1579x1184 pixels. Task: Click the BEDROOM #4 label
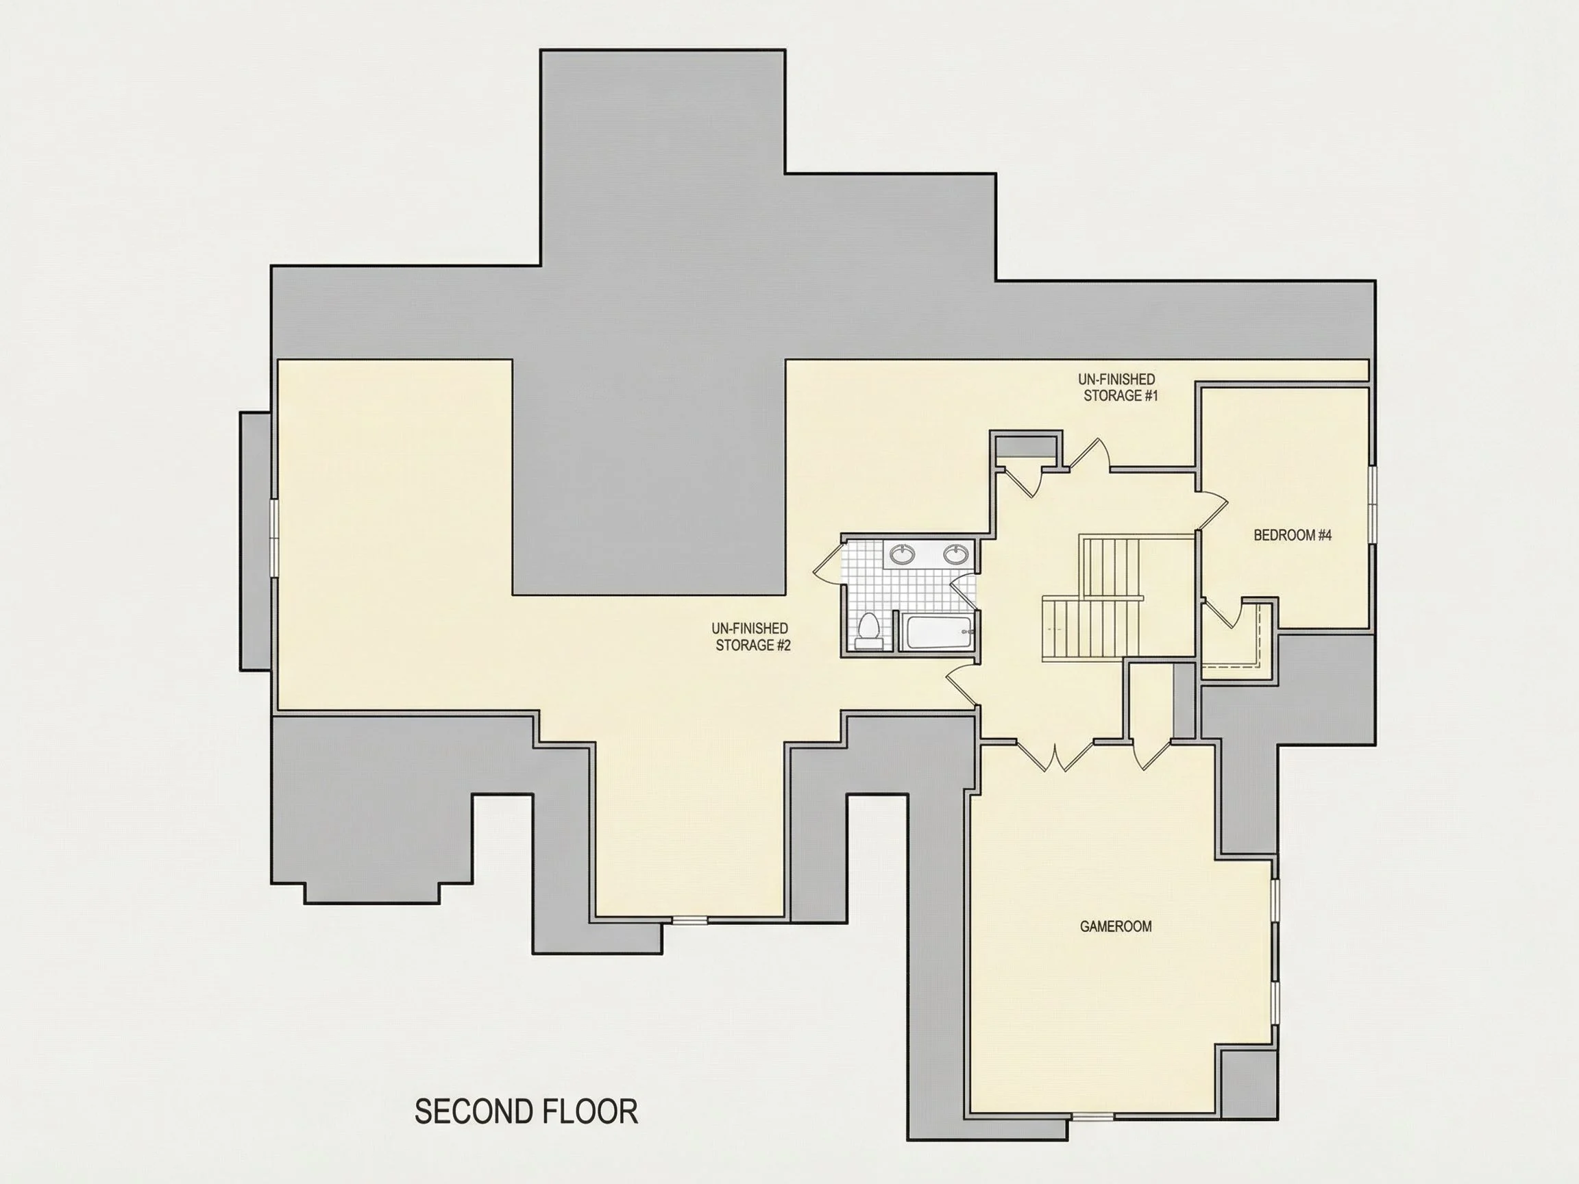[1293, 535]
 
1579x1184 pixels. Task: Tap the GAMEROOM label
[1116, 926]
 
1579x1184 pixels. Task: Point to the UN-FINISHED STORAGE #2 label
[750, 637]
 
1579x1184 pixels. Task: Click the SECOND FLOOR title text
[526, 1112]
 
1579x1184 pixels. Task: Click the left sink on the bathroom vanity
[903, 554]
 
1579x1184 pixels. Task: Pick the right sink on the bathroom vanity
[955, 554]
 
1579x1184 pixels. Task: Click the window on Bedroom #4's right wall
[1372, 505]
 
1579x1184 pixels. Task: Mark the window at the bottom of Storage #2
[689, 922]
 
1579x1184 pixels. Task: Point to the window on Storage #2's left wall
[273, 537]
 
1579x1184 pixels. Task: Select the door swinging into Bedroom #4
[1212, 510]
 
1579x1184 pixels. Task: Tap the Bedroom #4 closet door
[1221, 615]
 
